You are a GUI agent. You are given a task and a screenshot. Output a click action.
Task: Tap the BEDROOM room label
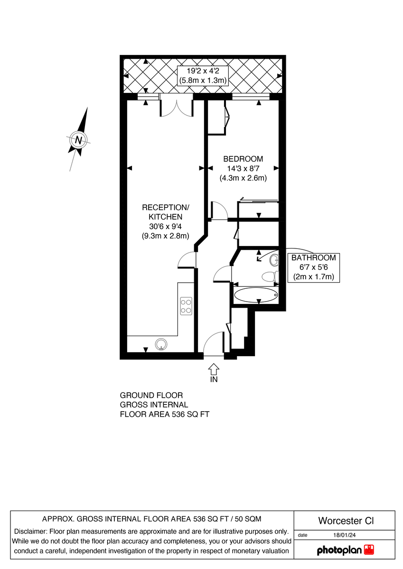(243, 159)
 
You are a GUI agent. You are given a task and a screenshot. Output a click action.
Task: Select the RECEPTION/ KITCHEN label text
(166, 212)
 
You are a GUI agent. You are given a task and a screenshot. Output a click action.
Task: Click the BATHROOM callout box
(314, 267)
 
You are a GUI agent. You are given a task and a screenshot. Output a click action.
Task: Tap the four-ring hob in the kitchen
(186, 306)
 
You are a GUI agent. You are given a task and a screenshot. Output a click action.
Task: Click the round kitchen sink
(162, 344)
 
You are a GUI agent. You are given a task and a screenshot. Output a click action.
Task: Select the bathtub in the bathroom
(256, 294)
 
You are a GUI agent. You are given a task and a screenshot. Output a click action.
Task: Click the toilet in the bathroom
(269, 277)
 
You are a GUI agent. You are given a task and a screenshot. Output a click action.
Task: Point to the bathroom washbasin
(274, 260)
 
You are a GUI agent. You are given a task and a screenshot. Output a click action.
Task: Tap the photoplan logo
(345, 550)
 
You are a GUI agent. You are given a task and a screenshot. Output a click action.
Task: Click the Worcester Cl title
(346, 521)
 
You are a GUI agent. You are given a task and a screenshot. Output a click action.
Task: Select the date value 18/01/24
(345, 535)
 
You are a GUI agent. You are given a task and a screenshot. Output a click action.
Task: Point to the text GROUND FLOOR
(151, 395)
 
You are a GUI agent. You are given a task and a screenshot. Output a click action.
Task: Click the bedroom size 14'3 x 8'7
(243, 169)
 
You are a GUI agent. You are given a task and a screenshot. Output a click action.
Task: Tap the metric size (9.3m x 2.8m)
(166, 236)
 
